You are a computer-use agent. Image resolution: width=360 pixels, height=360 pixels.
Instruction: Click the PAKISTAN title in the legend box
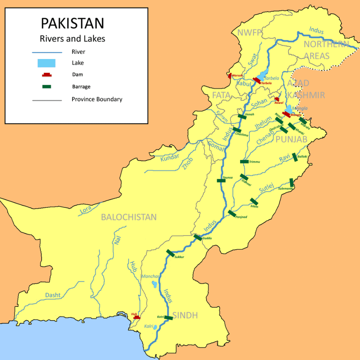(x=72, y=23)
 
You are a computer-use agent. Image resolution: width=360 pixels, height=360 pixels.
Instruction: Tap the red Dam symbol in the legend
(x=47, y=75)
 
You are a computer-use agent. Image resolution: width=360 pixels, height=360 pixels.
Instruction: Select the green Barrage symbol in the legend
(x=47, y=86)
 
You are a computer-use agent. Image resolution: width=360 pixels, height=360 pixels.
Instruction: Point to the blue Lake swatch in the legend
(x=47, y=63)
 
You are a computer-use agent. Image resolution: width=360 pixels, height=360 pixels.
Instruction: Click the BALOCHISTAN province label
(x=129, y=217)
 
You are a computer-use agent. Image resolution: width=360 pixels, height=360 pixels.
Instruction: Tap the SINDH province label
(x=185, y=315)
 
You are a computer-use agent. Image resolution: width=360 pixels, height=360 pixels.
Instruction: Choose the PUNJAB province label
(x=291, y=139)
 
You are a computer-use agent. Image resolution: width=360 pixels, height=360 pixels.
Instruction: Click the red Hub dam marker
(x=137, y=317)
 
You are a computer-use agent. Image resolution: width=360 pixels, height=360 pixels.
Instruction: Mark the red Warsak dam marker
(x=230, y=76)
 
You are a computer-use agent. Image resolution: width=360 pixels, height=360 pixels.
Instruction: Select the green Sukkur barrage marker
(x=171, y=253)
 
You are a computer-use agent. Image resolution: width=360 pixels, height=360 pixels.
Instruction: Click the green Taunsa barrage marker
(x=221, y=181)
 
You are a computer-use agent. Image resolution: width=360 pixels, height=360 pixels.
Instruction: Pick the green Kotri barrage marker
(x=168, y=318)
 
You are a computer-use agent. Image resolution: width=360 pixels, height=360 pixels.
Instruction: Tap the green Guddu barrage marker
(x=198, y=238)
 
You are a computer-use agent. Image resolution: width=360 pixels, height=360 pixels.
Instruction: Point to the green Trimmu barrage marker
(x=244, y=162)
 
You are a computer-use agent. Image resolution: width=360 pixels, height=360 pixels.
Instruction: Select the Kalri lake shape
(x=155, y=327)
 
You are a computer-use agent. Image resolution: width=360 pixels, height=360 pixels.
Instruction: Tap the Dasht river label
(x=53, y=295)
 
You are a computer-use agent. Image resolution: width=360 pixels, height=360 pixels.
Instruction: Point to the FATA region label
(x=221, y=95)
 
